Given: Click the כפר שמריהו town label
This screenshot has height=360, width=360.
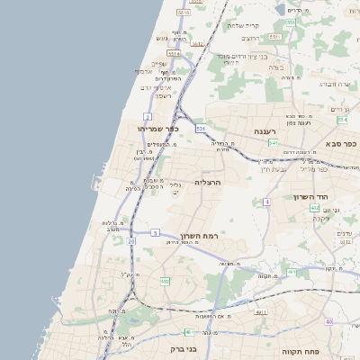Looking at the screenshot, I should click(159, 129).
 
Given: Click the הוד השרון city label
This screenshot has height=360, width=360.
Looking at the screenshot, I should click(309, 196).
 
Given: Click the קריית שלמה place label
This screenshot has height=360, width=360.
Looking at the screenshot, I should click(243, 25).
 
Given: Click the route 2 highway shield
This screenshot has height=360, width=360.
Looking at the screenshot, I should click(147, 117).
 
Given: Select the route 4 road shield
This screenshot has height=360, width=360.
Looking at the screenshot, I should click(266, 202).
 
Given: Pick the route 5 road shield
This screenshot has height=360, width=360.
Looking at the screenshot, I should click(155, 233).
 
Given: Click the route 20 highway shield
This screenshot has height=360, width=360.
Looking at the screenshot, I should click(131, 241).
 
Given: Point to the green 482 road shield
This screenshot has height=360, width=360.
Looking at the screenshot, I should click(165, 282).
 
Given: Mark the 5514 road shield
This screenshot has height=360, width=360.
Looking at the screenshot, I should click(173, 54).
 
